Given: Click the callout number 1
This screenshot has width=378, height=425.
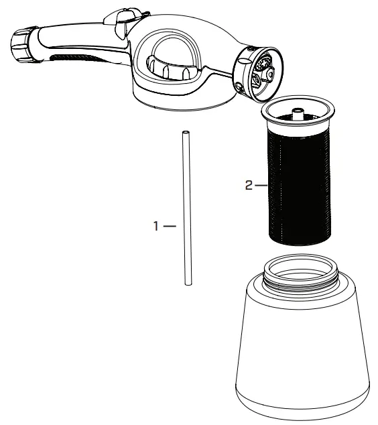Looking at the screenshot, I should [x=156, y=227].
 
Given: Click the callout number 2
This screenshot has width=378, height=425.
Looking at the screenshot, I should [x=248, y=186].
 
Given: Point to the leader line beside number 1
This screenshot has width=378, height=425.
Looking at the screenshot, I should [x=169, y=227].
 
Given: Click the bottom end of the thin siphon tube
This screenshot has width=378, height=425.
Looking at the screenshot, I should [x=188, y=284].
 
